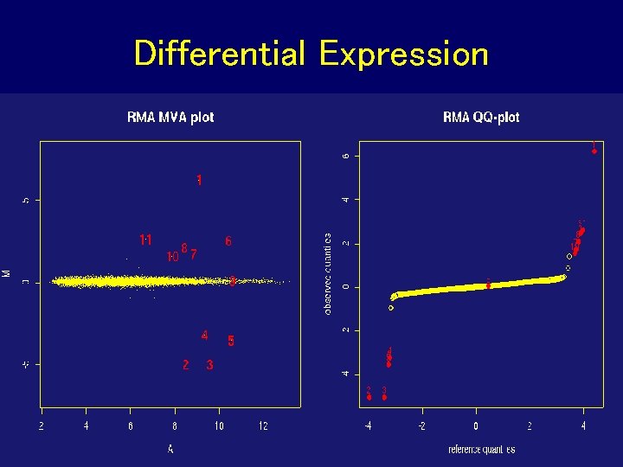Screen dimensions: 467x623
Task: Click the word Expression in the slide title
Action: tap(403, 54)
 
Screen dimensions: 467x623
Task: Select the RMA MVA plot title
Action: tap(170, 117)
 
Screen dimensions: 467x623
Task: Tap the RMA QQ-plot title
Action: tap(481, 117)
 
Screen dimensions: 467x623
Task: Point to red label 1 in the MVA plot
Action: tap(199, 181)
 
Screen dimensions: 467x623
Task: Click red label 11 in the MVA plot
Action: tap(146, 239)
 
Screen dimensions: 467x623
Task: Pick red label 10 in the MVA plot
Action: tap(172, 256)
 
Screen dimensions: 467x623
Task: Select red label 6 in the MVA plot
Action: tap(228, 241)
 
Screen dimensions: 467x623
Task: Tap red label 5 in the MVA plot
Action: tap(230, 340)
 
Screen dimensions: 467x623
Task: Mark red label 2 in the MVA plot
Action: tap(185, 365)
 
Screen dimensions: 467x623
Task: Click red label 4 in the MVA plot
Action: tap(204, 335)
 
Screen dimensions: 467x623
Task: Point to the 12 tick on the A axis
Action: tap(263, 426)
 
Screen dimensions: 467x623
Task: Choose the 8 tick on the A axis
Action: tap(175, 426)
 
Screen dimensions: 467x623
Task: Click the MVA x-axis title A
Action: tap(170, 449)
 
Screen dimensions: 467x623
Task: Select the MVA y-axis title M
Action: tap(7, 272)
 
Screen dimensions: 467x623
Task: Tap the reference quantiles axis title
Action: tap(481, 449)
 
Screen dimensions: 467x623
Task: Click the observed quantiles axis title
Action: tap(328, 273)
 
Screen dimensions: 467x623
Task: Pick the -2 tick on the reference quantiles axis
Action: tap(421, 426)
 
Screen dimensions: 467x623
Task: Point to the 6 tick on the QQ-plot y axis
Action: tap(346, 156)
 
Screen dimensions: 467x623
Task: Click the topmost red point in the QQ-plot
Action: tap(594, 151)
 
